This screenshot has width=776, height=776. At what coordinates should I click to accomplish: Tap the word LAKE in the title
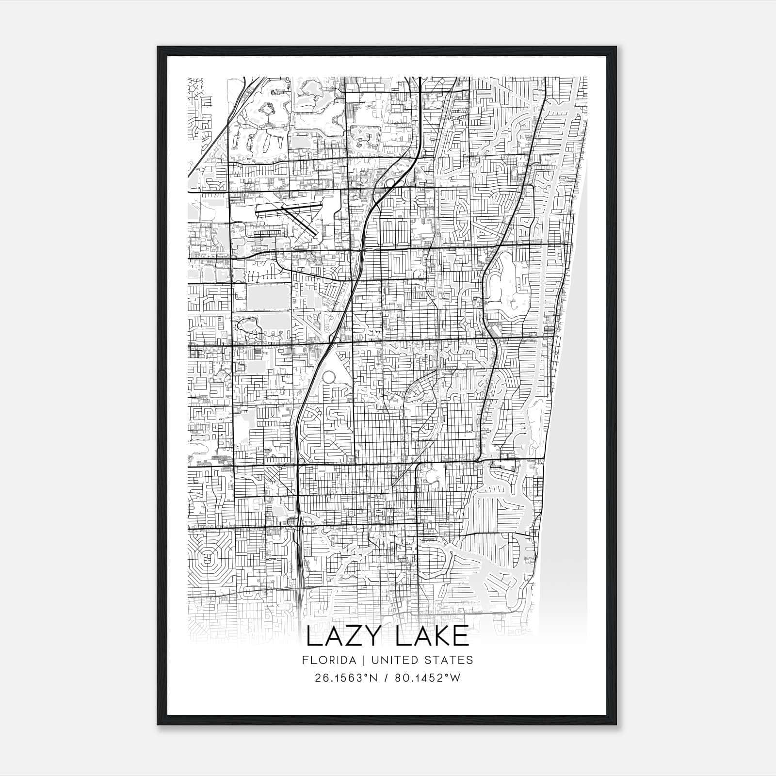tap(432, 637)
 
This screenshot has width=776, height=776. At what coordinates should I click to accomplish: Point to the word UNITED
tap(398, 660)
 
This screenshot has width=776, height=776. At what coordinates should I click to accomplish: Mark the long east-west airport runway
tap(288, 210)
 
